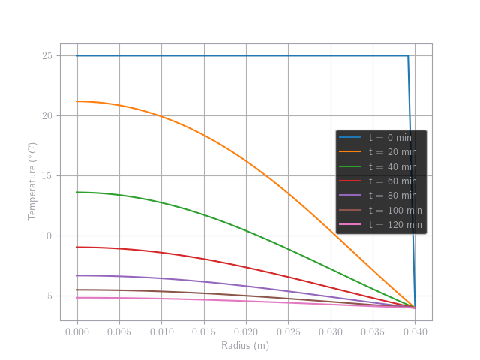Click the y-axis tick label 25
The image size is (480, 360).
46,56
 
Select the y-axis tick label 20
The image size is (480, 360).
46,116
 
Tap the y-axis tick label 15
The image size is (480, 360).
46,176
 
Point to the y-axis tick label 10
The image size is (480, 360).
46,236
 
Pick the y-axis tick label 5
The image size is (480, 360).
49,296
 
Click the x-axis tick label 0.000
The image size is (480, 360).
77,331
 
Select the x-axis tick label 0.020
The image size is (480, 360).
246,331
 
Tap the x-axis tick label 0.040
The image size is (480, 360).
415,331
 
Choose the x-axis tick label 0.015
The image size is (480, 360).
204,331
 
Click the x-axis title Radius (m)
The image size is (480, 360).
245,346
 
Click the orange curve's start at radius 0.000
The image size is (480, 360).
78,101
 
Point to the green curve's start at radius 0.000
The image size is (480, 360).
78,192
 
